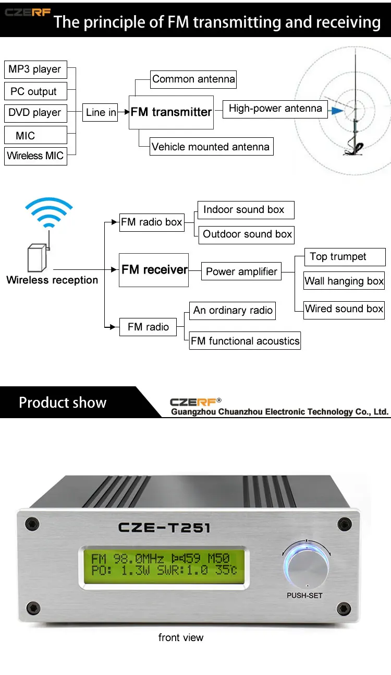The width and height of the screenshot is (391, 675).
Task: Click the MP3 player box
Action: point(35,69)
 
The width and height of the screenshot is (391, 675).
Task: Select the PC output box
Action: point(35,91)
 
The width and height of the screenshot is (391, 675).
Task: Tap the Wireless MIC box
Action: point(35,156)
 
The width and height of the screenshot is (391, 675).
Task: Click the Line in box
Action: point(101,112)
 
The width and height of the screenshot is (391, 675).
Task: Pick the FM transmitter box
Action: point(171,112)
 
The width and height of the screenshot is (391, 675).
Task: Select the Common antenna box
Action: point(193,79)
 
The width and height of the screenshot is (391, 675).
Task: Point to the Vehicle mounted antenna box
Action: point(211,147)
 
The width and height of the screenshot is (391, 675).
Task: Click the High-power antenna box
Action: point(275,109)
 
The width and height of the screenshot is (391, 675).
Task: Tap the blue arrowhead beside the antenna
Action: point(337,110)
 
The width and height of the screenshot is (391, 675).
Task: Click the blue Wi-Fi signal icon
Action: point(48,212)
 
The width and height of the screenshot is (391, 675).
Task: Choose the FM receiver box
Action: point(154,270)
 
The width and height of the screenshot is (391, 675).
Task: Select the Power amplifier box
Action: point(241,271)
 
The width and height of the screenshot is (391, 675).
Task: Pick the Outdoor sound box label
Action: point(247,234)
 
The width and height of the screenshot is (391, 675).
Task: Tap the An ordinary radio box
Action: point(233,311)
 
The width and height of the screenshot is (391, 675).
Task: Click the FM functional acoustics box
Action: point(245,341)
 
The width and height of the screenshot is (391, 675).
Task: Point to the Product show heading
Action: point(63,402)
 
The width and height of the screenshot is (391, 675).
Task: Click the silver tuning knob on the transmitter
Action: point(306,567)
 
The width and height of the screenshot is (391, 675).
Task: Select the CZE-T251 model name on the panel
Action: point(164,527)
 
